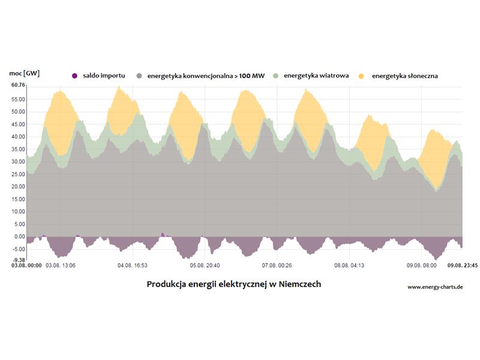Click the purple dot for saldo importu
74,76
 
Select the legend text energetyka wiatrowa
316,76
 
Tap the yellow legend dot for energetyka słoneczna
361,76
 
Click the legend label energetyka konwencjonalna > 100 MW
206,76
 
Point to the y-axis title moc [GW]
25,73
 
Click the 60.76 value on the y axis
18,85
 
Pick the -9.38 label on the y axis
18,260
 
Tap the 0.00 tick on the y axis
19,236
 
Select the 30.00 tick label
18,161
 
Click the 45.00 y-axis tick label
18,124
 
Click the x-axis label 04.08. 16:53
133,265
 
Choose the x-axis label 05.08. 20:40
205,265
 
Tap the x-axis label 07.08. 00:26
277,265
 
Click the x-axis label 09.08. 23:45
448,265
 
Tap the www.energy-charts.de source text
435,287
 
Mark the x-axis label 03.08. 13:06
61,265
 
